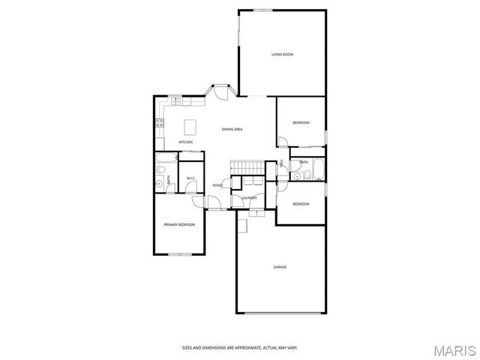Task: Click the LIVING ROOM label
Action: [282, 55]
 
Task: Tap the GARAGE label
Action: [280, 267]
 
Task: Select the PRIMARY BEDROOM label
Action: [179, 225]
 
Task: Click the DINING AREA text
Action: [232, 130]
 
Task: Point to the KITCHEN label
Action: [185, 142]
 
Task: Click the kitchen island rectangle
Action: [190, 125]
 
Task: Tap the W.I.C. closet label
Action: [191, 178]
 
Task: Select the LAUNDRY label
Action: [249, 198]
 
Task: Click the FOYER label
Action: [217, 185]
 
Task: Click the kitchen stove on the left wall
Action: [159, 124]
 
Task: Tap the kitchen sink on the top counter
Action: [174, 100]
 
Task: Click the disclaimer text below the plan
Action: [239, 347]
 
